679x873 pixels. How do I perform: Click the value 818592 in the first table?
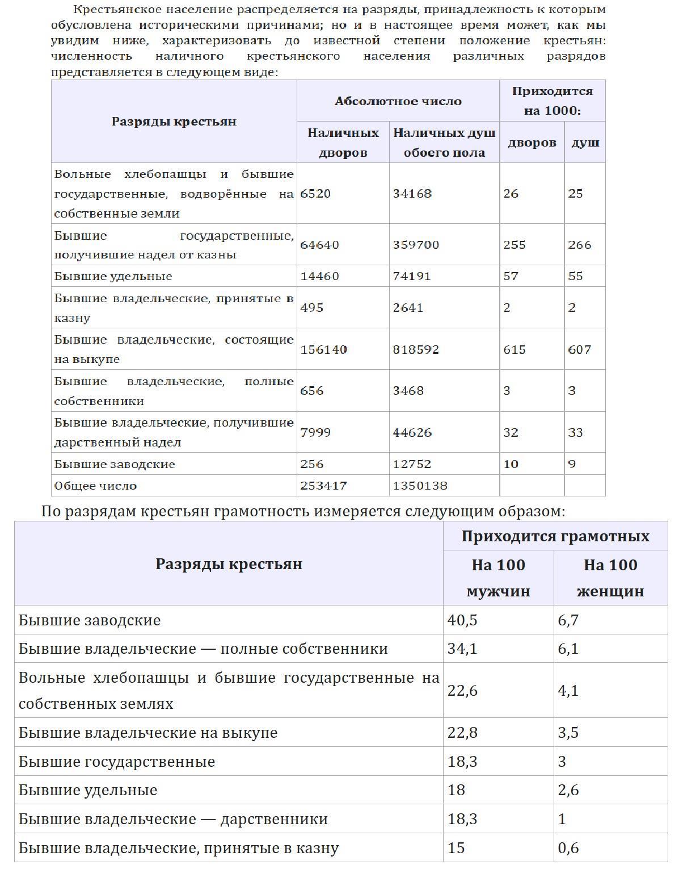click(x=416, y=349)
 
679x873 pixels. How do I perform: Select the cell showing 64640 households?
click(x=319, y=245)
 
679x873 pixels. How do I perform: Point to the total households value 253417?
click(x=323, y=486)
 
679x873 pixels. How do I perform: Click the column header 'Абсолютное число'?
click(x=398, y=101)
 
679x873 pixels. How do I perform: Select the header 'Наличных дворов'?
click(x=343, y=143)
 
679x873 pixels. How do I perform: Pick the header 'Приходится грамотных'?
click(x=555, y=536)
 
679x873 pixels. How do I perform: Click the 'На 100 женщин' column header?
click(x=610, y=578)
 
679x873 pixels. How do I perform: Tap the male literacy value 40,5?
click(x=462, y=620)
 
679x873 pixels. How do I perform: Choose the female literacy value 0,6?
click(x=568, y=848)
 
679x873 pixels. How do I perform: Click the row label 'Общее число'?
click(x=96, y=486)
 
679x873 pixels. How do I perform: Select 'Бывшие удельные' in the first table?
click(x=113, y=276)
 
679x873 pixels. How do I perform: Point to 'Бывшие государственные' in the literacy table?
click(x=117, y=761)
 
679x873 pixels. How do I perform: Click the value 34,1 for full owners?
click(x=462, y=649)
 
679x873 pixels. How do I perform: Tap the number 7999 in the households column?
click(x=315, y=432)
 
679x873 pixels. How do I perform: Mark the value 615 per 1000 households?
click(x=514, y=349)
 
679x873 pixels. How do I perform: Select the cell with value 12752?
click(x=412, y=464)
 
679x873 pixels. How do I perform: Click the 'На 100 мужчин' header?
click(x=498, y=578)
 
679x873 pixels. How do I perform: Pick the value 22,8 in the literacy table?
click(x=462, y=733)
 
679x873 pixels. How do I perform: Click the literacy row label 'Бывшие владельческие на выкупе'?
click(x=148, y=733)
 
